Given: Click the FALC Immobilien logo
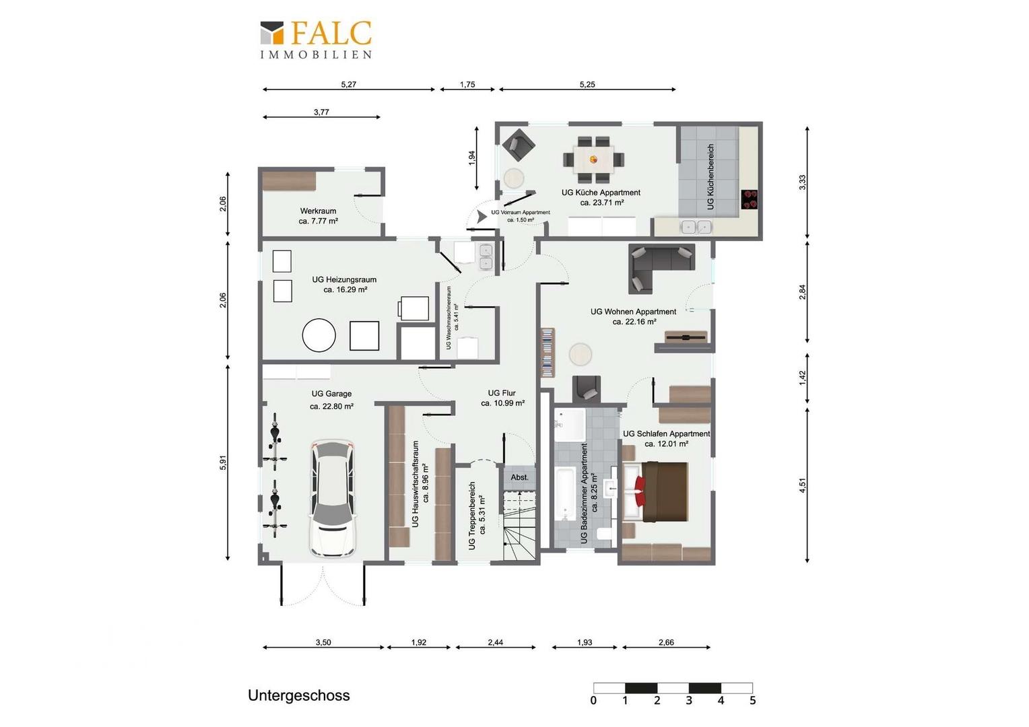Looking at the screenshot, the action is tap(316, 40).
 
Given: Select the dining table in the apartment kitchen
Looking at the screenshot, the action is tap(593, 160).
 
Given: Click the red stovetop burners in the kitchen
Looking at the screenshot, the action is tap(750, 200).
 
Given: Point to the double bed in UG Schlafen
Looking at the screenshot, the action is tap(655, 492).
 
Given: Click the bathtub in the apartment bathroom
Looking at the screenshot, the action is tap(565, 494).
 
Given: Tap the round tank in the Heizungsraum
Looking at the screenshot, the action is tap(319, 335).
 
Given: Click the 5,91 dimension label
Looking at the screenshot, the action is tap(224, 462).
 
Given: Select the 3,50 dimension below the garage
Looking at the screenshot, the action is tap(323, 642).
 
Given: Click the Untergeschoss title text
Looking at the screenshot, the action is tap(298, 695).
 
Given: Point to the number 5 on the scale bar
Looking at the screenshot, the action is tap(752, 700).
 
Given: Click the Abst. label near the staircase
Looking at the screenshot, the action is tap(520, 477).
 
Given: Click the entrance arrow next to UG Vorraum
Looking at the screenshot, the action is tap(482, 216).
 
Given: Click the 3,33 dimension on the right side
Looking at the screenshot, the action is tap(803, 182).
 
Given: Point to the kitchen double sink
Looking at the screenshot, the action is tap(696, 227).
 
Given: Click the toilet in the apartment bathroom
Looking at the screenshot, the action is tap(603, 534).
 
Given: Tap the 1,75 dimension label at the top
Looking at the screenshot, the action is tap(467, 85).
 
